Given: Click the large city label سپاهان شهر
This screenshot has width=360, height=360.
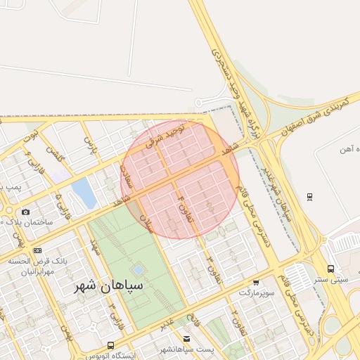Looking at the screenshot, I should tap(108, 285).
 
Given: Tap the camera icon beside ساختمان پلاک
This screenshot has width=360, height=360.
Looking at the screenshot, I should tap(26, 212).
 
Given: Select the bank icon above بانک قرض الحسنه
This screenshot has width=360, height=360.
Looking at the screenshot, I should tap(37, 250).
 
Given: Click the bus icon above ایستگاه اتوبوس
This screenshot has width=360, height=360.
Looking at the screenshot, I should tap(110, 345).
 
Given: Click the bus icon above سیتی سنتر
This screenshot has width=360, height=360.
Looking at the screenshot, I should tap(330, 269).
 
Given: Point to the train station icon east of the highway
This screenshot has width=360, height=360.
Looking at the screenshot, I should tap(309, 196).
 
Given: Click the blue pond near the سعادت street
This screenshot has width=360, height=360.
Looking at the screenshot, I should tap(84, 192).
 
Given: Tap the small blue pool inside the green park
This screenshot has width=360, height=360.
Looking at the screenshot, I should tap(139, 269).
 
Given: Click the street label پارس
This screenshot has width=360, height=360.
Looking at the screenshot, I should tap(89, 145).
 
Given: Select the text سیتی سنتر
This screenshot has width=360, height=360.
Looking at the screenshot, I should tap(331, 279).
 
